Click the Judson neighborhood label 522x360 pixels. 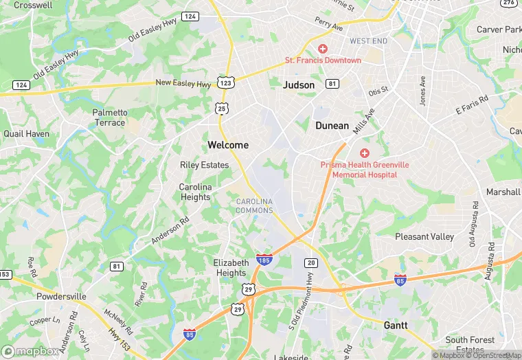coord(299,85)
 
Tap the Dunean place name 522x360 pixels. coord(333,126)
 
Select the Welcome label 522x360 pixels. coord(228,145)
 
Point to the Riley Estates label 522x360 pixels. coord(204,165)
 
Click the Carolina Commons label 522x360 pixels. coord(254,205)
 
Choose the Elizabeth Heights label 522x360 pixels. coord(231,267)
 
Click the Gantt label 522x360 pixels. coord(396,325)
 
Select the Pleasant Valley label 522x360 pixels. coord(424,236)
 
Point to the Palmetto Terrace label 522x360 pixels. coord(110,117)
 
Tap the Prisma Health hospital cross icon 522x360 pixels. coord(365,153)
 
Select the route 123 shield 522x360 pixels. coord(225,82)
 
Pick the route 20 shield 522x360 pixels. coord(311,263)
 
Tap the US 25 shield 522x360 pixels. coord(220,108)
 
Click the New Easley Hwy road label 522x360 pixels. coord(183,83)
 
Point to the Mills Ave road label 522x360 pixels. coord(364,121)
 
